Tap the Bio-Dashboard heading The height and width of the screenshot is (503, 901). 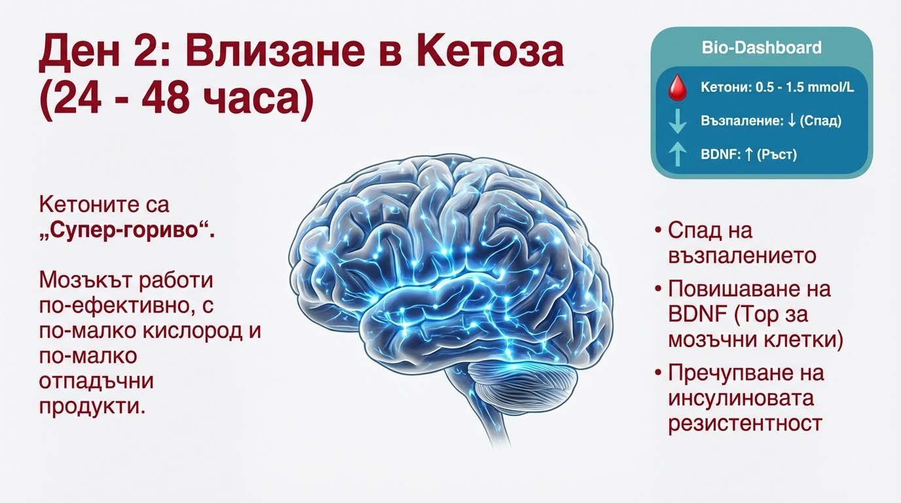coord(761,48)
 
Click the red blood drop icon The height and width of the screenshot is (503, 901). coord(676,88)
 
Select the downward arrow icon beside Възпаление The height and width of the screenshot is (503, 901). coord(677,121)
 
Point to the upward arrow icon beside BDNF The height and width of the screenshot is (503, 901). coord(677,155)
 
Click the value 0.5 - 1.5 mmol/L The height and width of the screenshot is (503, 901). coord(805,88)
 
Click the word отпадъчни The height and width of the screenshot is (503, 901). coord(96,381)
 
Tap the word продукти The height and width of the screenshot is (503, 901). coord(91,406)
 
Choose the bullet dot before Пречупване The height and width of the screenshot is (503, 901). coord(658,373)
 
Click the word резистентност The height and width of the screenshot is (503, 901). coord(745,423)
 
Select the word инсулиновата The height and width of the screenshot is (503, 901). coord(741,398)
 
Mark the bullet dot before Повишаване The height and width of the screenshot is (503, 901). coord(658,289)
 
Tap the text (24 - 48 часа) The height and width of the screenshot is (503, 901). coord(175,102)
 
